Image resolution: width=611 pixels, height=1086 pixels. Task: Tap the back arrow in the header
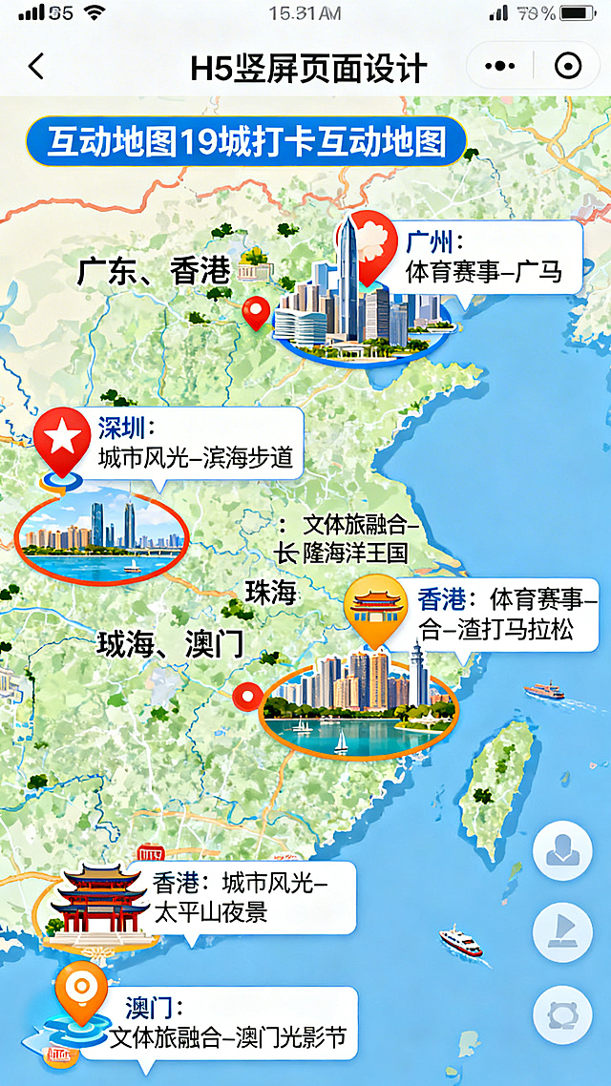click(36, 67)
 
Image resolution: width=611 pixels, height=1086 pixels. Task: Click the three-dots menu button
click(500, 67)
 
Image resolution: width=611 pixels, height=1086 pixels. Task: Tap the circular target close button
click(568, 67)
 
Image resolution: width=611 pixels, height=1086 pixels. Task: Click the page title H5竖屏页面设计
click(307, 68)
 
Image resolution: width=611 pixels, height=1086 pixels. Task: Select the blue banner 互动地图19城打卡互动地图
click(245, 142)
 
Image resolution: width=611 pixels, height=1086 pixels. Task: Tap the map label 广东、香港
click(154, 271)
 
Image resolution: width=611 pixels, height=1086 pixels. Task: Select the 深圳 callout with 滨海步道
click(195, 444)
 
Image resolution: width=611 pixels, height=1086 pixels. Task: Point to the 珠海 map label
click(270, 592)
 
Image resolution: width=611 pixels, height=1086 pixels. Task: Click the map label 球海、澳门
click(170, 644)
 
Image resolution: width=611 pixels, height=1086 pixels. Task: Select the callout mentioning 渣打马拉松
click(506, 615)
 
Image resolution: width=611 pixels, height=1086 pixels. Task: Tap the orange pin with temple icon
click(374, 607)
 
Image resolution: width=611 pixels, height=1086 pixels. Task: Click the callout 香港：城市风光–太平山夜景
click(250, 897)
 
